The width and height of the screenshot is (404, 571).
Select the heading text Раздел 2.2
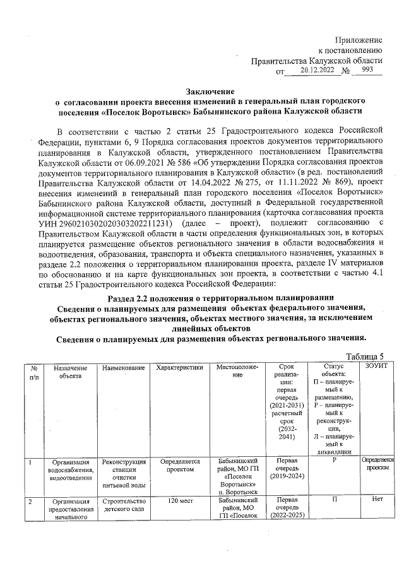(134, 297)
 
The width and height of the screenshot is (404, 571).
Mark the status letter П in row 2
(333, 501)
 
